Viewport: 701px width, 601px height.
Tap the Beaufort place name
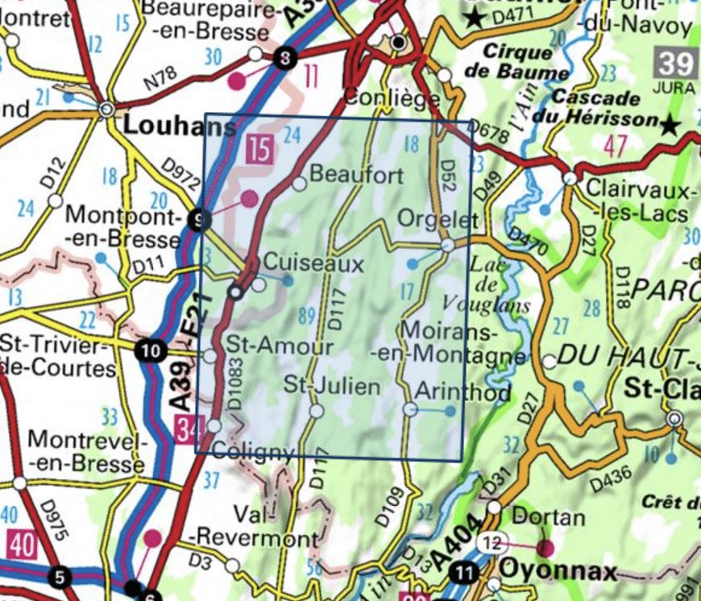point(355,174)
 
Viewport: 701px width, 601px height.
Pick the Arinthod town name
point(462,392)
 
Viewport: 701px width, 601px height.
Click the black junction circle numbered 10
point(149,350)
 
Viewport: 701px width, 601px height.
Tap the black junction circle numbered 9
point(199,219)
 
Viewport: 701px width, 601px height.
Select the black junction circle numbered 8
point(283,57)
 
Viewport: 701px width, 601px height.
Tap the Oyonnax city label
point(558,571)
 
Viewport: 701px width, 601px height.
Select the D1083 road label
point(234,394)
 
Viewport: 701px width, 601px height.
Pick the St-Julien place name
point(331,386)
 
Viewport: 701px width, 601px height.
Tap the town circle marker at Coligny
point(214,425)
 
